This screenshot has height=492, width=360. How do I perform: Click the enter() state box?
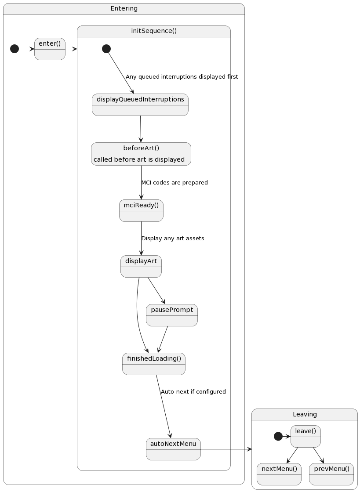click(x=50, y=49)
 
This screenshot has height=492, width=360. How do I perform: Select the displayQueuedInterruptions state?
click(x=140, y=105)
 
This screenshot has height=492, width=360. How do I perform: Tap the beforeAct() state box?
click(x=141, y=154)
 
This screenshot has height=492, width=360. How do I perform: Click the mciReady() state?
click(x=141, y=210)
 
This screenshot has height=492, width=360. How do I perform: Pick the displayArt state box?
click(x=141, y=266)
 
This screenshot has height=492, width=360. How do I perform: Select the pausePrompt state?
click(x=172, y=315)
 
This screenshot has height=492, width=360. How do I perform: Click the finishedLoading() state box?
click(x=154, y=364)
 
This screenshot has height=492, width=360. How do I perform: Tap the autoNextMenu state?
click(x=173, y=449)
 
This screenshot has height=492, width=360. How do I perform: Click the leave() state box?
click(x=305, y=436)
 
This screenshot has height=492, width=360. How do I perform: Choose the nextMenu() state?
click(x=279, y=474)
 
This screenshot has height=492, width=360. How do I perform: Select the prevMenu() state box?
click(x=331, y=474)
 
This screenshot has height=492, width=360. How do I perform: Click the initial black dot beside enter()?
click(x=15, y=49)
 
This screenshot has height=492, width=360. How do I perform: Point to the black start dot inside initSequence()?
click(x=106, y=49)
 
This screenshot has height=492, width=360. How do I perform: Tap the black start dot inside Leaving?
click(x=278, y=436)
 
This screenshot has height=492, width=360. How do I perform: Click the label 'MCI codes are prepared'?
click(x=175, y=182)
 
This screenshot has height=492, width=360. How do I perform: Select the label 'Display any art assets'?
click(x=173, y=238)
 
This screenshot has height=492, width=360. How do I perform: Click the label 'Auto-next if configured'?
click(x=193, y=391)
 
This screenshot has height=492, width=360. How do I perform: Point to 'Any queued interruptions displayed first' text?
click(x=182, y=77)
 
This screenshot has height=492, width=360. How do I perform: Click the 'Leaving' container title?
click(x=305, y=414)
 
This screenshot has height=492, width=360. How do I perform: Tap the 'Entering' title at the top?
click(x=124, y=8)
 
